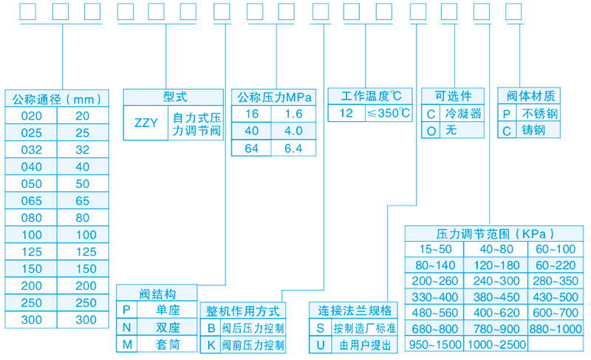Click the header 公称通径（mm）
click(x=56, y=98)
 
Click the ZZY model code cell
click(x=146, y=123)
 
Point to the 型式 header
click(x=175, y=97)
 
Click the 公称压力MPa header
click(x=274, y=98)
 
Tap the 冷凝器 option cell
click(x=463, y=114)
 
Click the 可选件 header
click(x=453, y=97)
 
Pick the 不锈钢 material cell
click(x=540, y=114)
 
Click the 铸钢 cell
click(x=540, y=131)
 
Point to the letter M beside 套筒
click(x=126, y=344)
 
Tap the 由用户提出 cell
click(x=364, y=344)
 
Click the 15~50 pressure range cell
click(x=435, y=248)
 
